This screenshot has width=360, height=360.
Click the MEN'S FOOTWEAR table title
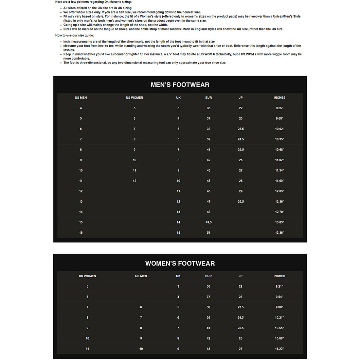180,85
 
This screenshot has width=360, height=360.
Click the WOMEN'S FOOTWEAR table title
180,263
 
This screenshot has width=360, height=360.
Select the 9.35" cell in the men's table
279,108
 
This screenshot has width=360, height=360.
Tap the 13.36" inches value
279,233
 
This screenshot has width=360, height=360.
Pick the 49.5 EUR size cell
208,222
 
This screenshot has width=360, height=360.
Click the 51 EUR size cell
208,233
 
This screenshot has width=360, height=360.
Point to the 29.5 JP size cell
241,202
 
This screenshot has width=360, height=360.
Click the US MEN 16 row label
81,233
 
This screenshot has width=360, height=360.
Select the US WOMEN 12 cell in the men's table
134,181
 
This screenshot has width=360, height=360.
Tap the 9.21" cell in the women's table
279,286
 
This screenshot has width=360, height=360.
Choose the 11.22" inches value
279,349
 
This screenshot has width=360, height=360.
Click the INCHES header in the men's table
279,98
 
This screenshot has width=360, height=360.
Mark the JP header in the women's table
241,276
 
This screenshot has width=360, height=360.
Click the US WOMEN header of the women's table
87,276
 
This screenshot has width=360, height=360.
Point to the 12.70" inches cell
279,212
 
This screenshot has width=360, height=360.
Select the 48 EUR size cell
208,212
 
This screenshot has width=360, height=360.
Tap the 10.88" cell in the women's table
279,338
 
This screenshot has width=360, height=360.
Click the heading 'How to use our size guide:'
75,35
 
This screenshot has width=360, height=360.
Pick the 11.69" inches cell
279,181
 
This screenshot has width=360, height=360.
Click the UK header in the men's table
178,98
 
